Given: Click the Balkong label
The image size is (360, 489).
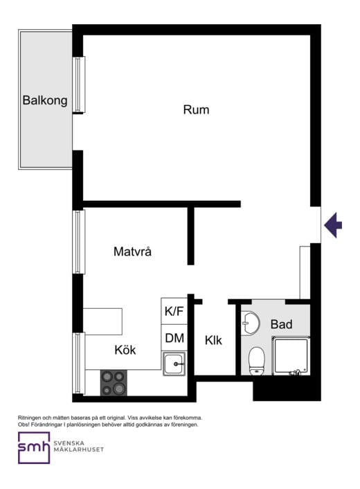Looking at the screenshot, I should (45, 100).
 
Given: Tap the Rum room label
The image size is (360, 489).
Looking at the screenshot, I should (196, 109).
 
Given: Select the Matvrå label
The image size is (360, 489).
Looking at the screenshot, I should (132, 252).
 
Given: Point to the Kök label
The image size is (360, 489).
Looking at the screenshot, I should (126, 350).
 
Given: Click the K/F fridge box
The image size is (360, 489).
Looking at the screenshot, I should (174, 312).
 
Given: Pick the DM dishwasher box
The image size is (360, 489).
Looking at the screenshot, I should (174, 339).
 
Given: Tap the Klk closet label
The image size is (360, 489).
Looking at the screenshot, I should (213, 340).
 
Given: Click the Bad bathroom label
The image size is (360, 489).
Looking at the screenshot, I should (281, 324).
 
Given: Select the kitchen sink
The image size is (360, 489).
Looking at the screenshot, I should (174, 363).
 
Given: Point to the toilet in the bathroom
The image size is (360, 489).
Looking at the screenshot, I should (257, 360).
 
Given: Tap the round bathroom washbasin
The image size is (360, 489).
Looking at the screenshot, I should (251, 323).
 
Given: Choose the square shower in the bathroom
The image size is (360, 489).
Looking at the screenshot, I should (291, 355).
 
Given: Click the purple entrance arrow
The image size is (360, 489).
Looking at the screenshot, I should (334, 224).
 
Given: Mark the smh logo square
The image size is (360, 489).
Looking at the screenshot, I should (34, 448).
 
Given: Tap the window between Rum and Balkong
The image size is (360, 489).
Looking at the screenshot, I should (80, 85).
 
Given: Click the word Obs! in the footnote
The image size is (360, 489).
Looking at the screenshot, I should (24, 425).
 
